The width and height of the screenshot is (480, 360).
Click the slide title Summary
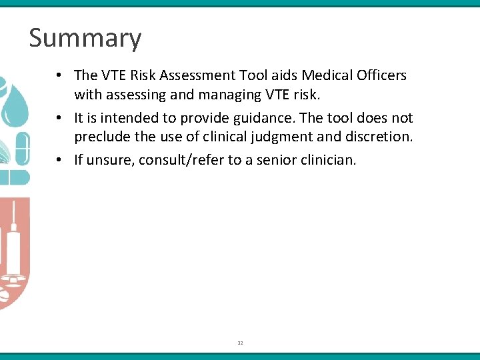point(85,38)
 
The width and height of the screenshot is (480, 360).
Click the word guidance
point(263,118)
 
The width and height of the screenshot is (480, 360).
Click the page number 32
point(240,343)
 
